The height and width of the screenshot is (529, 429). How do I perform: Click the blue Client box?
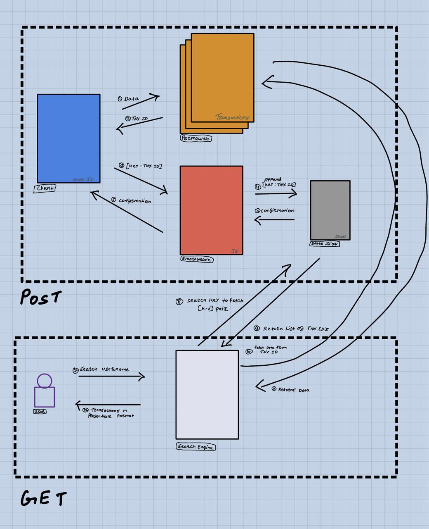click(x=68, y=138)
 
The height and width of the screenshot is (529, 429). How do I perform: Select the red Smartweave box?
click(x=211, y=210)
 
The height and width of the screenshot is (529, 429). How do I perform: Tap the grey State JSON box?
click(x=330, y=210)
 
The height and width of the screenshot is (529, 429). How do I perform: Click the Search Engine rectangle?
click(x=207, y=395)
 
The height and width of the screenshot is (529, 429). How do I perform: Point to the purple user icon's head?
click(x=44, y=381)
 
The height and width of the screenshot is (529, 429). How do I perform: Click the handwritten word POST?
click(x=40, y=297)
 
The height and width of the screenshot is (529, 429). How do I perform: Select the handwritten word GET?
click(x=43, y=498)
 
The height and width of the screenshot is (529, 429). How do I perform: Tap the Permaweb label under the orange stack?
click(x=196, y=138)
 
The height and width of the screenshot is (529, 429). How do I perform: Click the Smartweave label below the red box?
click(x=197, y=260)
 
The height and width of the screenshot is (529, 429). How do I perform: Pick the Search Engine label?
click(x=196, y=447)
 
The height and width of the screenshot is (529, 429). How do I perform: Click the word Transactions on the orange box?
click(x=232, y=117)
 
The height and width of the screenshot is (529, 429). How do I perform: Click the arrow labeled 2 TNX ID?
click(x=139, y=124)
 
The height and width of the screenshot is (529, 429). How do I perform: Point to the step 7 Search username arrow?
click(x=111, y=376)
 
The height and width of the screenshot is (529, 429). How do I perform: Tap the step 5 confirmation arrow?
click(x=274, y=220)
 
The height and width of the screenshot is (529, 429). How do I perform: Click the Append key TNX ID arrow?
click(x=276, y=193)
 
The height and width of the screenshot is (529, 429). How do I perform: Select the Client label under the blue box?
click(x=45, y=188)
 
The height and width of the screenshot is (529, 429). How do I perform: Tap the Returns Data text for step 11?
click(x=293, y=390)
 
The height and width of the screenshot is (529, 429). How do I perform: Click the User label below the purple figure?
click(x=40, y=412)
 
